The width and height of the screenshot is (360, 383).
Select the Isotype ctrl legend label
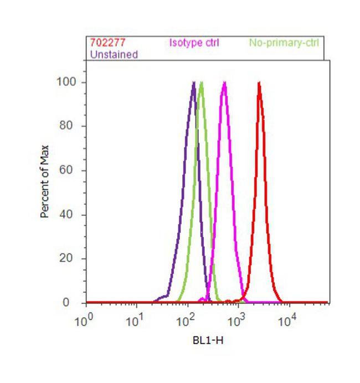[x=194, y=43]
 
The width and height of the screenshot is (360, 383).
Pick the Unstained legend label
[x=114, y=54]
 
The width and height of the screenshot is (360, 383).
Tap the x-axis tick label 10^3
[x=236, y=321]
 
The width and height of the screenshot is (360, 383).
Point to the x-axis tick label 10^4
[x=286, y=321]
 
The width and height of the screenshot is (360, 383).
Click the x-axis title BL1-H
[x=208, y=340]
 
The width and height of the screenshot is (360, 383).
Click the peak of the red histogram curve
[x=259, y=83]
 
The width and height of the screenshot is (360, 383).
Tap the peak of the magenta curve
[x=224, y=83]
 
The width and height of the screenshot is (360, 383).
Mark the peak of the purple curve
[x=193, y=83]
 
